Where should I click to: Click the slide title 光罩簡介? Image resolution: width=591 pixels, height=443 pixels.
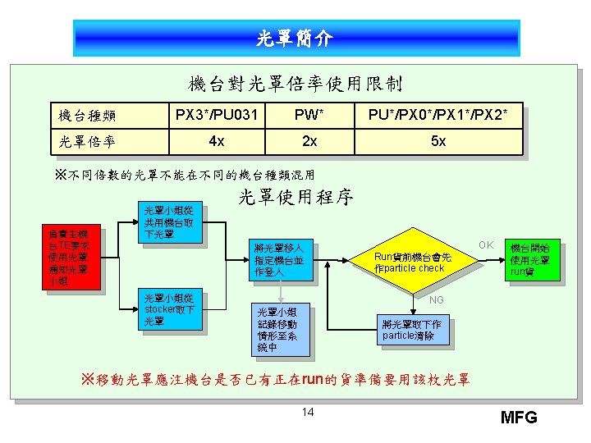295,38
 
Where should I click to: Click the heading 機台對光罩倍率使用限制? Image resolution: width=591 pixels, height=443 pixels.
295,83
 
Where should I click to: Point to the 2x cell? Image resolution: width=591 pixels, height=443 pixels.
309,140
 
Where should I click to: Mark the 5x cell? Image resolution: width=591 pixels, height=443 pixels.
438,140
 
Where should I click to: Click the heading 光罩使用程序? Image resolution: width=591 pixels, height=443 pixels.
295,197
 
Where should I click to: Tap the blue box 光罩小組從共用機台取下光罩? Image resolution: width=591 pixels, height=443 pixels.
169,221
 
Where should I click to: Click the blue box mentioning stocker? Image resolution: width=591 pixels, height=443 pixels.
169,309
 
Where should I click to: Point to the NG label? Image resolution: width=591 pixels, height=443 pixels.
437,299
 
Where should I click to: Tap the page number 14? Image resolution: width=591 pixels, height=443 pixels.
307,411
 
